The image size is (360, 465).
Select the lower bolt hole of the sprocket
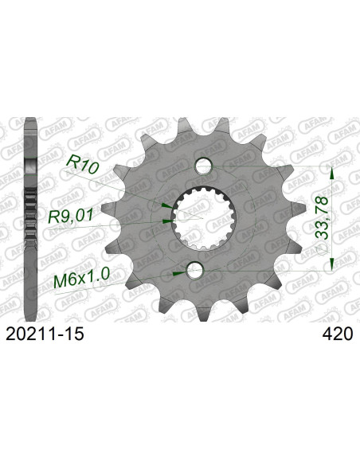pos(195,271)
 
